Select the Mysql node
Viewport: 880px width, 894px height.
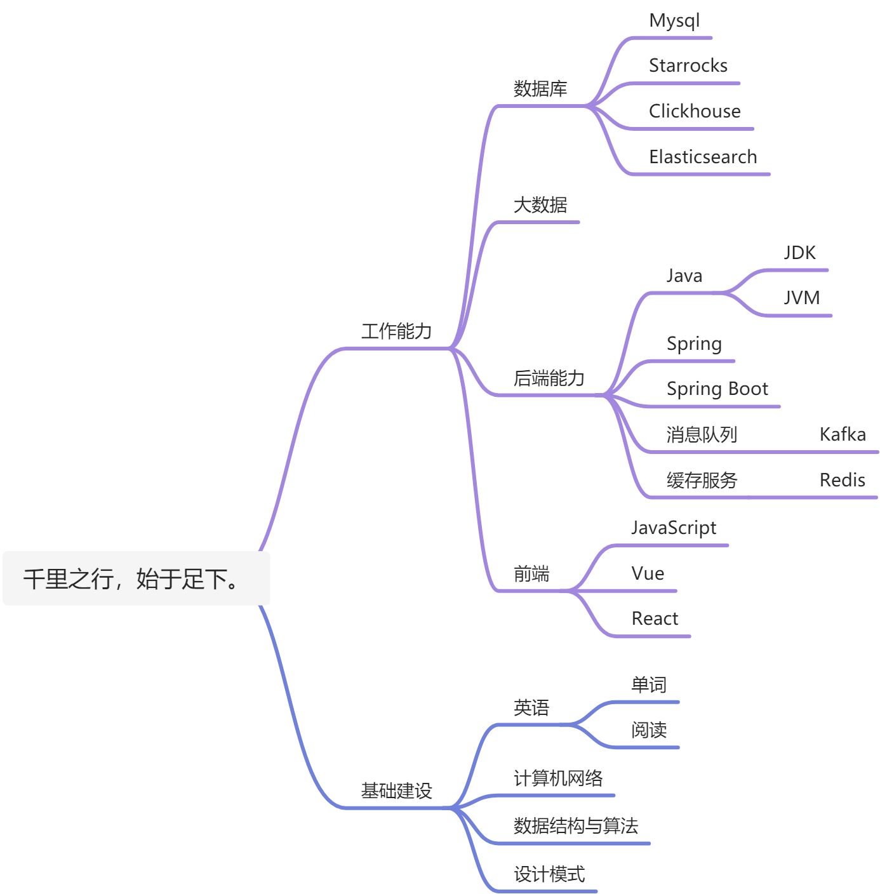coord(674,20)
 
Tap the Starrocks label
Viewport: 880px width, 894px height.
coord(688,65)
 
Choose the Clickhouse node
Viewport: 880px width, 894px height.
coord(694,111)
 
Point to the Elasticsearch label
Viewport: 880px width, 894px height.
coord(702,157)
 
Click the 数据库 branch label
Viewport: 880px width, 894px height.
coord(540,88)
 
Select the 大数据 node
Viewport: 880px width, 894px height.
coord(540,204)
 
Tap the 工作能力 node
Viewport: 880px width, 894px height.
coord(396,331)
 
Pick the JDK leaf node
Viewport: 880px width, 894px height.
coord(799,253)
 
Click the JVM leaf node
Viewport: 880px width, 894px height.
coord(801,298)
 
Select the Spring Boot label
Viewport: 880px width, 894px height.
coord(717,389)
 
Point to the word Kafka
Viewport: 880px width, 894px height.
coord(842,434)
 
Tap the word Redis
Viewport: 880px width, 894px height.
coord(842,480)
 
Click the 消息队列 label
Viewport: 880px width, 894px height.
coord(702,434)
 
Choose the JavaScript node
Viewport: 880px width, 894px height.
coord(673,528)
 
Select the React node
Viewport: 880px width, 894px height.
coord(654,618)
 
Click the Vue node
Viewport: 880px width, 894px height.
coord(647,573)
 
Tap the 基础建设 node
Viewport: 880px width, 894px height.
coord(396,791)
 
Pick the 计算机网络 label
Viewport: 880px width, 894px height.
coord(557,778)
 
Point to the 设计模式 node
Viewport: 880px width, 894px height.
coord(549,874)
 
